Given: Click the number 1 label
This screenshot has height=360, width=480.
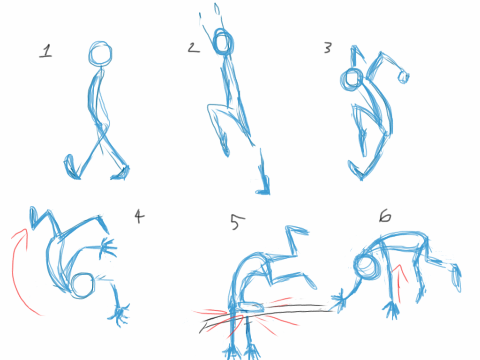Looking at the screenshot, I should coord(45,51).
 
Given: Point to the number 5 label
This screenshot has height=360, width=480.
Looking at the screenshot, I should coord(235,222).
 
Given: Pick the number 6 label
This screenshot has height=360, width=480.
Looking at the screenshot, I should coord(385,216).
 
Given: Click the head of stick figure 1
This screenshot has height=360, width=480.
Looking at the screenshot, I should coord(101,54).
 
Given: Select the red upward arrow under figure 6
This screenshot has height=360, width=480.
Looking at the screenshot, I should coord(400,281).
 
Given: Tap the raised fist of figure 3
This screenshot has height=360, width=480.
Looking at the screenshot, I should coord(403,76).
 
